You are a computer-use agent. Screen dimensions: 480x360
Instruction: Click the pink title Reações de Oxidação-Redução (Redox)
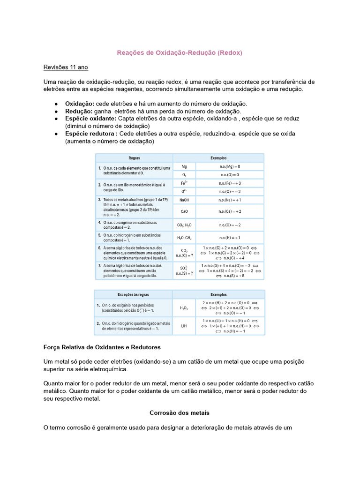180,53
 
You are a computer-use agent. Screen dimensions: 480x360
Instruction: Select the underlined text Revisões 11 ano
66,67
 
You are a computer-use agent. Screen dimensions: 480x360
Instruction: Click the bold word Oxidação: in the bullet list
80,103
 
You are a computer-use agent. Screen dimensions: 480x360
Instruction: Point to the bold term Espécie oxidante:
90,119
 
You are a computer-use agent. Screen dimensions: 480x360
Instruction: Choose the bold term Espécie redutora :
91,134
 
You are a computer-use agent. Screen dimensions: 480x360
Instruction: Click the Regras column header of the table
134,158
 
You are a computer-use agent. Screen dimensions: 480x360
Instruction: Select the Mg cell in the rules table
184,166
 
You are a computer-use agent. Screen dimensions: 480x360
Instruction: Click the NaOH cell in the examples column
184,200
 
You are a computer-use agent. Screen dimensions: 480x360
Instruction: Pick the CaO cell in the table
184,211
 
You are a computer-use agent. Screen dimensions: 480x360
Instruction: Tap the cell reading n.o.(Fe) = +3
230,183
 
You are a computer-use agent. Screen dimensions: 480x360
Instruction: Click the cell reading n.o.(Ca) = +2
230,211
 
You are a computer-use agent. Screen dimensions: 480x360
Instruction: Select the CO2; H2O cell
184,225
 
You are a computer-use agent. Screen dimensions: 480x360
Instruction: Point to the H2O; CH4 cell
184,238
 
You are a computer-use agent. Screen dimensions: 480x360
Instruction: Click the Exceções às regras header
134,295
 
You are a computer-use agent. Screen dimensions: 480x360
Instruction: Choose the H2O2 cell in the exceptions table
184,308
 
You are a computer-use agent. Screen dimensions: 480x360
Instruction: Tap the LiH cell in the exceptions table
184,326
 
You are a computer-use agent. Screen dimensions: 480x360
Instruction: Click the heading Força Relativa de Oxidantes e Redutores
102,347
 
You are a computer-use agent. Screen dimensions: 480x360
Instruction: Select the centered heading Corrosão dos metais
180,413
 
